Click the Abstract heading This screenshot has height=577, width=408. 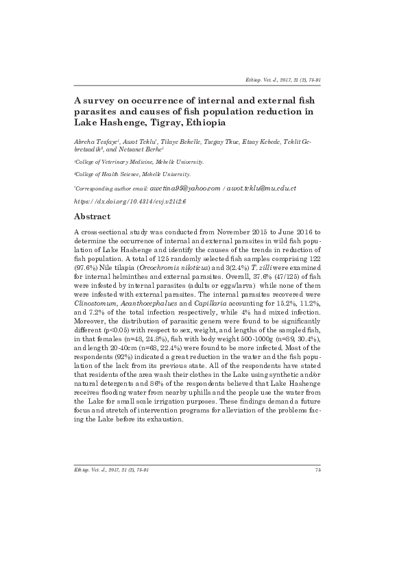pos(92,217)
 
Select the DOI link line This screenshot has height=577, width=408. pos(130,202)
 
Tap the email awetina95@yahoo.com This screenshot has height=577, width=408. pos(184,188)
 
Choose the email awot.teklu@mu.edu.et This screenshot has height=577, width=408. pos(261,188)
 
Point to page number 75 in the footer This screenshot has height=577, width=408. pos(318,469)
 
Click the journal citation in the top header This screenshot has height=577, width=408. pos(283,80)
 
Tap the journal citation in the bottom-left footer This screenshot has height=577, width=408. pos(111,469)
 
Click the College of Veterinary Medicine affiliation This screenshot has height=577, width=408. pos(139,162)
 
